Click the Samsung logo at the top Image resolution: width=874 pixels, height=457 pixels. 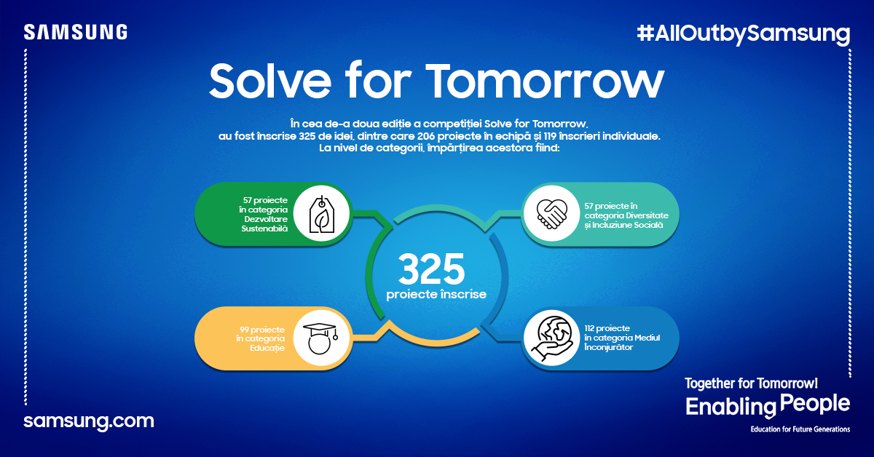76,32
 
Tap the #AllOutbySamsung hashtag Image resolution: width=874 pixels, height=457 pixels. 743,33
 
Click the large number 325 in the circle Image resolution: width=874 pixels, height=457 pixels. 431,270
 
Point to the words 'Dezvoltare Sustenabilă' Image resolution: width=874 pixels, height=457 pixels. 265,223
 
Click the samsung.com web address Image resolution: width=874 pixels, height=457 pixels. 89,421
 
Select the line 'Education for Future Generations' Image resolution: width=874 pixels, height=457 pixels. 800,429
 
